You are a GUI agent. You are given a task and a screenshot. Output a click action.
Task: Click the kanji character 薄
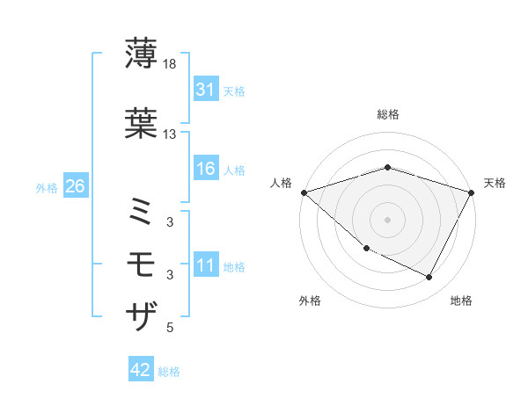point(141,54)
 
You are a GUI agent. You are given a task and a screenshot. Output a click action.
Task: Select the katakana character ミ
point(141,211)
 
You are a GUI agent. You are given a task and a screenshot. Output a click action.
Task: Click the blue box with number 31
point(205,91)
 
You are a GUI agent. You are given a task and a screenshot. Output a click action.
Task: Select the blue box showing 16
point(205,170)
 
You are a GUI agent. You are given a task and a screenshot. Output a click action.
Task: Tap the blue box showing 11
point(205,266)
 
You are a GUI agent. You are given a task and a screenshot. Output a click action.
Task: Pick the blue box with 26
point(75,187)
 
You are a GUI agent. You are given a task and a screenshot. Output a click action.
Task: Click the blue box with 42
point(141,371)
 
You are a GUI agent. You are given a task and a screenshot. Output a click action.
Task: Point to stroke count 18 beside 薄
point(170,64)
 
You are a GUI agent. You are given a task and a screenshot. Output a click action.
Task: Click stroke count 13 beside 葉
point(170,134)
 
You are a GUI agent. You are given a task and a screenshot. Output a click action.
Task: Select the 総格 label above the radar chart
point(388,114)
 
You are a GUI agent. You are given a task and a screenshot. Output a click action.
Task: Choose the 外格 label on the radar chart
point(310,301)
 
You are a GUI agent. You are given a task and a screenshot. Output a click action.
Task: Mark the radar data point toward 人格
point(304,192)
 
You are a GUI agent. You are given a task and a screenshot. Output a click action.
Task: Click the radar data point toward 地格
point(429,278)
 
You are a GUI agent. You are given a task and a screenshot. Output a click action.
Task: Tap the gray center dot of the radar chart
point(388,219)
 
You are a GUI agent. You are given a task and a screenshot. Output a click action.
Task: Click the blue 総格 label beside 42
point(169,372)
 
